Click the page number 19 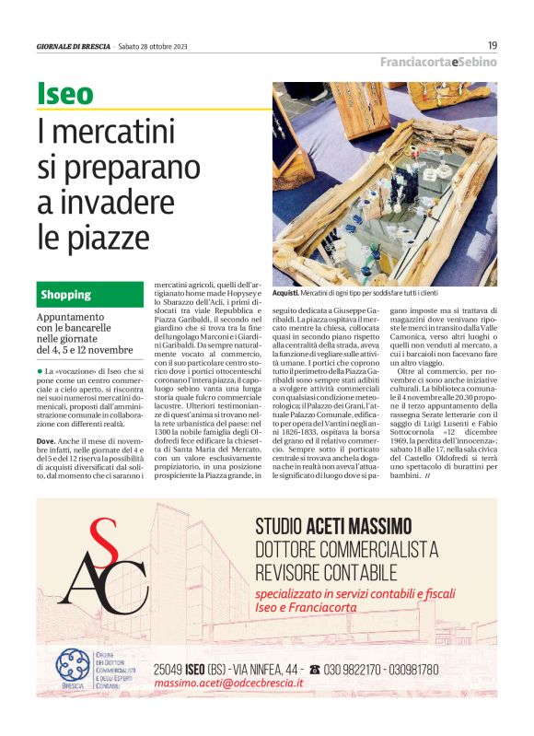493,45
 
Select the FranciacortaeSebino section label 439,62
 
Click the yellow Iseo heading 65,93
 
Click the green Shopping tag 65,295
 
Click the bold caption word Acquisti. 285,292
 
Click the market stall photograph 384,184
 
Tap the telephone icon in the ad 315,670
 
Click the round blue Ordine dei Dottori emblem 73,664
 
